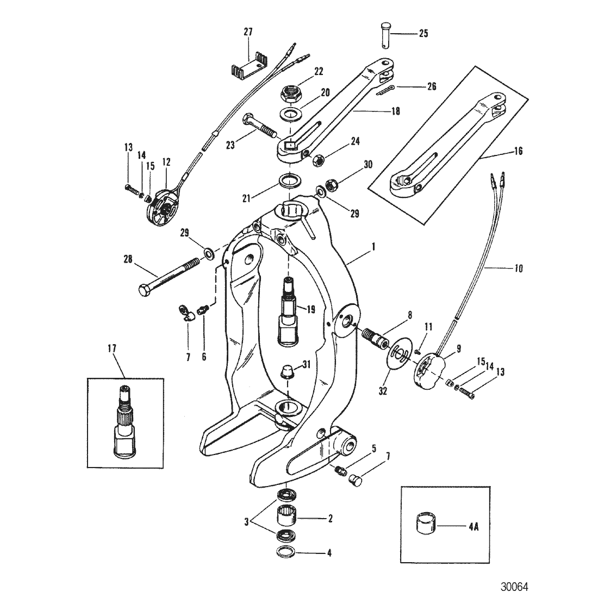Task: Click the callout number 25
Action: pyautogui.click(x=423, y=34)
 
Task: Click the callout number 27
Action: pyautogui.click(x=248, y=32)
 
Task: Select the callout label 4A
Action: pyautogui.click(x=474, y=527)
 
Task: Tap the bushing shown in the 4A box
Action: pyautogui.click(x=426, y=526)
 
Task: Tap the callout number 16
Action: pyautogui.click(x=518, y=152)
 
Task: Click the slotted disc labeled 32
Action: pyautogui.click(x=400, y=352)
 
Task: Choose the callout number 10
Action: pyautogui.click(x=518, y=268)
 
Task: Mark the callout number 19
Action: pyautogui.click(x=311, y=309)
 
